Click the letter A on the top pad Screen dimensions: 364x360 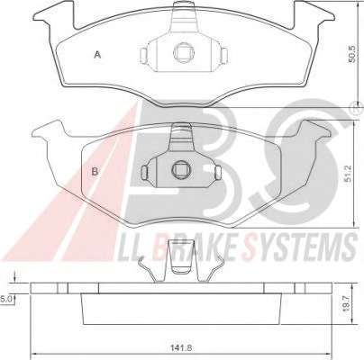click(97, 55)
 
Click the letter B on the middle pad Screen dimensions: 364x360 click(95, 172)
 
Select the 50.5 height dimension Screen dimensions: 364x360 click(351, 54)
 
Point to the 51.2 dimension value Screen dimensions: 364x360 click(348, 174)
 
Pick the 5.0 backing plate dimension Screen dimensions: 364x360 click(6, 299)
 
